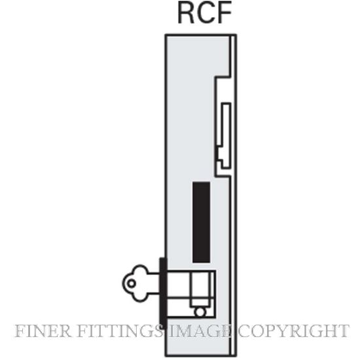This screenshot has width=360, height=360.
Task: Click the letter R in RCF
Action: tap(186, 13)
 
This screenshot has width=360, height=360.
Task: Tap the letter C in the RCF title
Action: tap(206, 13)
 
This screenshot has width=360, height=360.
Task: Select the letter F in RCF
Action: tap(224, 13)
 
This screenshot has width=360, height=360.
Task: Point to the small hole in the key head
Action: tap(132, 283)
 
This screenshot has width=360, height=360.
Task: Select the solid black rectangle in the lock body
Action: tap(201, 223)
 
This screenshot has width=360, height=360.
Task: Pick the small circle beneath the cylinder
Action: tap(200, 312)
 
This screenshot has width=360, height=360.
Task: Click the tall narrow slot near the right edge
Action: tap(226, 135)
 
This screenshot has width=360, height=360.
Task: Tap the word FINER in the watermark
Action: tap(43, 331)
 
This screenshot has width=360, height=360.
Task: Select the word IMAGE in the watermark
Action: tap(200, 331)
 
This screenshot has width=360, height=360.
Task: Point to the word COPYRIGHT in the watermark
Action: tap(293, 331)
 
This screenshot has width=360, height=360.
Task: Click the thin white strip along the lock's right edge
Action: tap(233, 195)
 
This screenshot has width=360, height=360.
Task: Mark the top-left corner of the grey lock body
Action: tap(166, 35)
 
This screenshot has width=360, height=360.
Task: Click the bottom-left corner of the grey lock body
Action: tap(166, 355)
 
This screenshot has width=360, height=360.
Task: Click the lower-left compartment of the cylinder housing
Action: tap(179, 308)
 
